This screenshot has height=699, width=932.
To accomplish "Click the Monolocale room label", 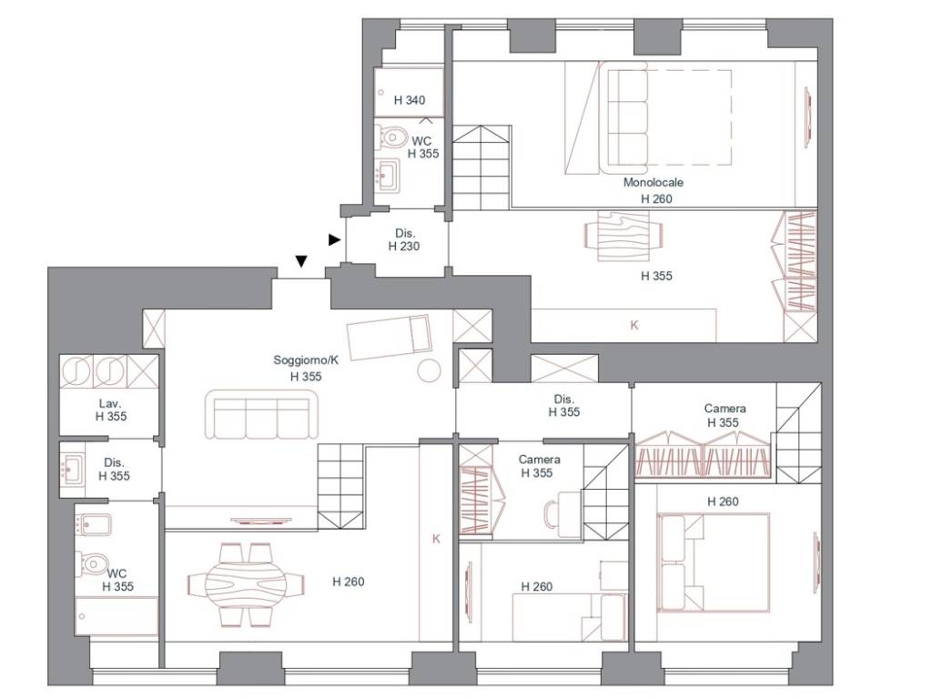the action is tap(653, 182).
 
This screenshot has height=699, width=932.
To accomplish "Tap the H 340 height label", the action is tap(410, 100).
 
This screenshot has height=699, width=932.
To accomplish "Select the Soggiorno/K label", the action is tap(306, 360).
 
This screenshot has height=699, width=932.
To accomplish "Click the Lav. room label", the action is tap(110, 403).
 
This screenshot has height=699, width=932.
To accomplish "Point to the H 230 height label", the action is tap(404, 246).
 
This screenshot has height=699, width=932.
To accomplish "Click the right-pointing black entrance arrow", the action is tap(335, 239).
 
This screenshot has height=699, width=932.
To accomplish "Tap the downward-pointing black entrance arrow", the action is tap(301, 261).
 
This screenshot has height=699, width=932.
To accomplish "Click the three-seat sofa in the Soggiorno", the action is tap(262, 414).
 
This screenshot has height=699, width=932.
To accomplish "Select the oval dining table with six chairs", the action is tap(246, 584).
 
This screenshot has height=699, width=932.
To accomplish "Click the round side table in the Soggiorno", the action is tap(429, 370).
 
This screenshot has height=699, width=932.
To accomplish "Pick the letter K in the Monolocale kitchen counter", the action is tap(634, 325).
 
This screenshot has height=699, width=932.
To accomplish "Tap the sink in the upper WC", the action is tap(387, 175).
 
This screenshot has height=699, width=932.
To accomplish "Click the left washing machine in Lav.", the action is tap(76, 371).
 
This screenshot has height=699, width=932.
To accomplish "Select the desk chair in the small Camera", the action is tap(552, 513).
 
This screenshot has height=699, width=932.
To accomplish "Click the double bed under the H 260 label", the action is tap(714, 562).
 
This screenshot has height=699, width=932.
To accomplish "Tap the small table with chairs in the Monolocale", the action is tap(623, 237).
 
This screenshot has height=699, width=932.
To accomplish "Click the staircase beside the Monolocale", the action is tap(481, 167).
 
